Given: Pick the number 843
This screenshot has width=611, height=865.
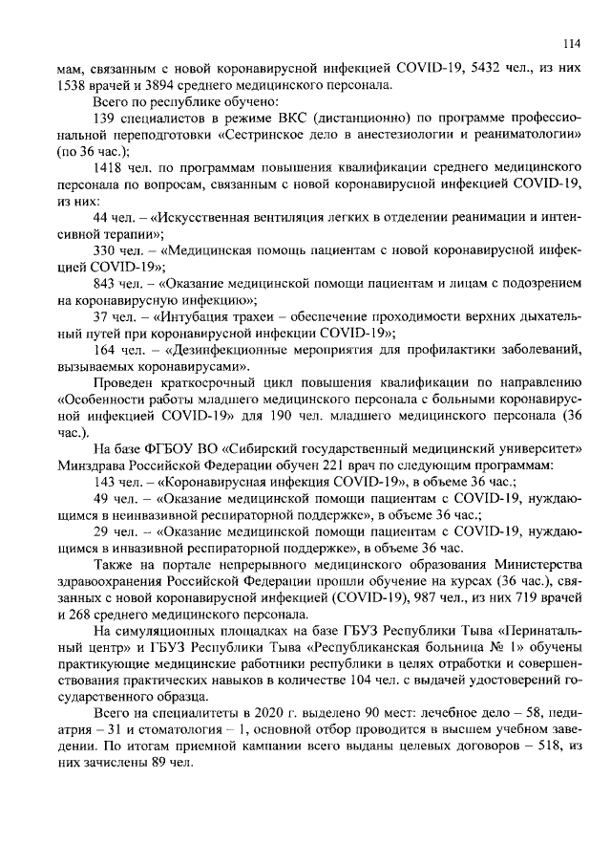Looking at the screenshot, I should [104, 285].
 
